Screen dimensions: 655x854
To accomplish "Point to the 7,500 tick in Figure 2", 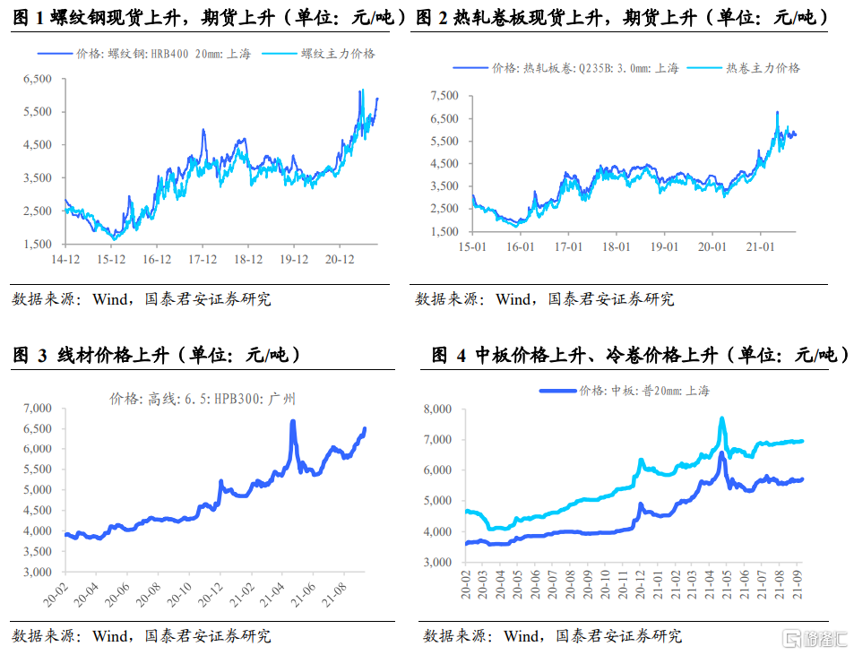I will pyautogui.click(x=444, y=95).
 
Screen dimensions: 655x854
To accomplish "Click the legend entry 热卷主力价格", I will pyautogui.click(x=762, y=67).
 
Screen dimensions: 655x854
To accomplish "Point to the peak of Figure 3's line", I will pyautogui.click(x=293, y=421).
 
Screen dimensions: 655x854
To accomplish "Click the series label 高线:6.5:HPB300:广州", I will pyautogui.click(x=203, y=398).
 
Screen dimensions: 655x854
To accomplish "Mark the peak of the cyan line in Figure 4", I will pyautogui.click(x=721, y=418).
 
